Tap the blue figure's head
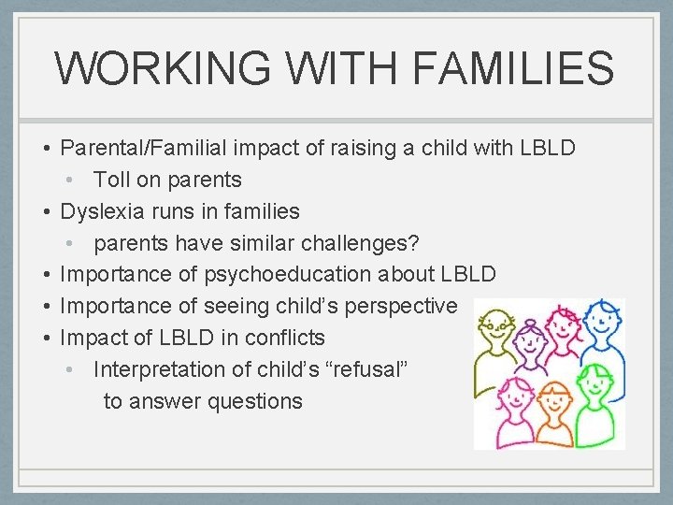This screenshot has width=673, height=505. pos(603,320)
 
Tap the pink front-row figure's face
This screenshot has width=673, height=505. pos(515,397)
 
